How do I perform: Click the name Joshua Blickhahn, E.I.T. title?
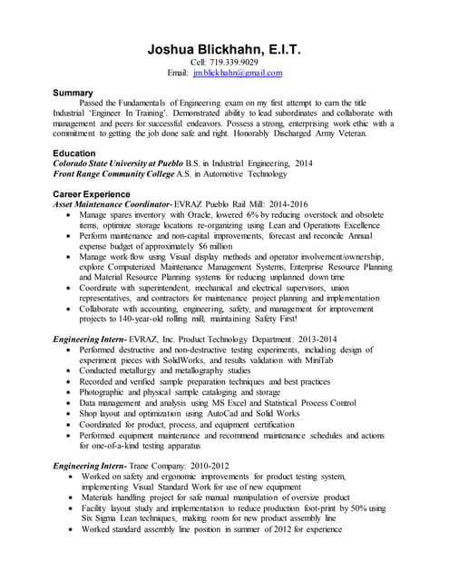coord(224,50)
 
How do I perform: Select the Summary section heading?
coord(73,93)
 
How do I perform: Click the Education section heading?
coord(77,153)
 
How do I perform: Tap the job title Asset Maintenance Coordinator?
coord(112,204)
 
